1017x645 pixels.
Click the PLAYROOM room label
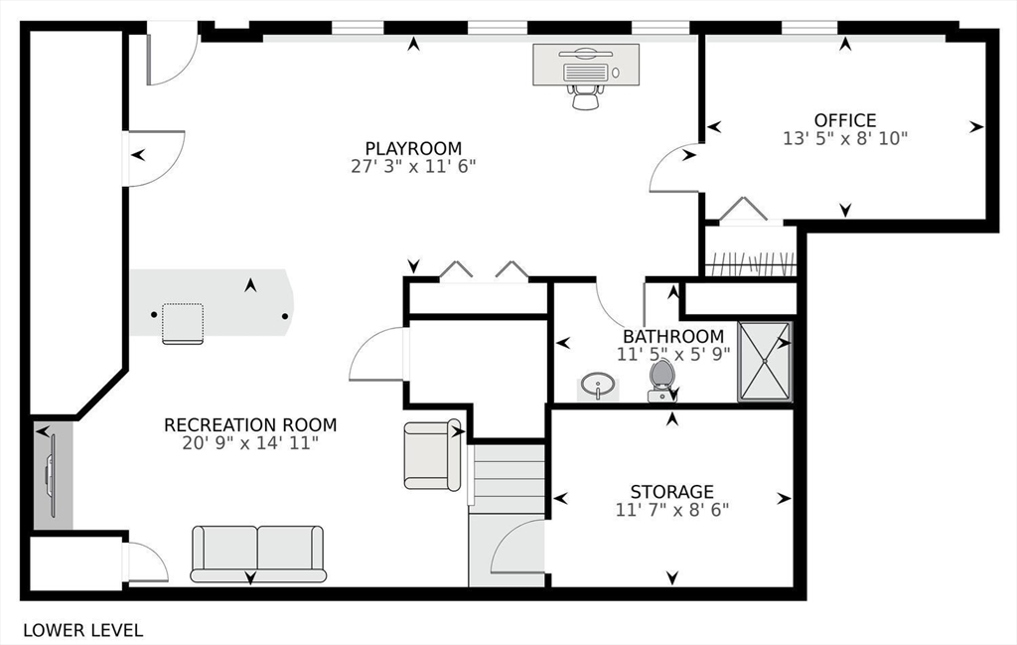tap(413, 149)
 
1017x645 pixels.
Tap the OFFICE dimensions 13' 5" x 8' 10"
tap(845, 139)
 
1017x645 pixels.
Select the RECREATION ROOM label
tap(250, 425)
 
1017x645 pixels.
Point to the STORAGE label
tap(672, 491)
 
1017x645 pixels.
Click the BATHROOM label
tap(673, 337)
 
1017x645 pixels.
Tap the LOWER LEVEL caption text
tap(83, 630)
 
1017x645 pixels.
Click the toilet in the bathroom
tap(660, 381)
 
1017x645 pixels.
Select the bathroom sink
tap(597, 386)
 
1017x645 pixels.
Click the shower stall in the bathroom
tap(765, 362)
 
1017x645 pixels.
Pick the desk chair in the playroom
tap(586, 97)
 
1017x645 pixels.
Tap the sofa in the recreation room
tap(258, 554)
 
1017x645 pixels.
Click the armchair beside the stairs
tap(432, 455)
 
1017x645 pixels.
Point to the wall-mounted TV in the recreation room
tap(51, 477)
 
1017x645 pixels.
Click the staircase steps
tap(506, 478)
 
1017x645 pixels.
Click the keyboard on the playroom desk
tap(586, 72)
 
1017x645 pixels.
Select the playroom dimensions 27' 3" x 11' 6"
tap(413, 167)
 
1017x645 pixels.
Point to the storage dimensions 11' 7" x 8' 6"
tap(672, 510)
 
